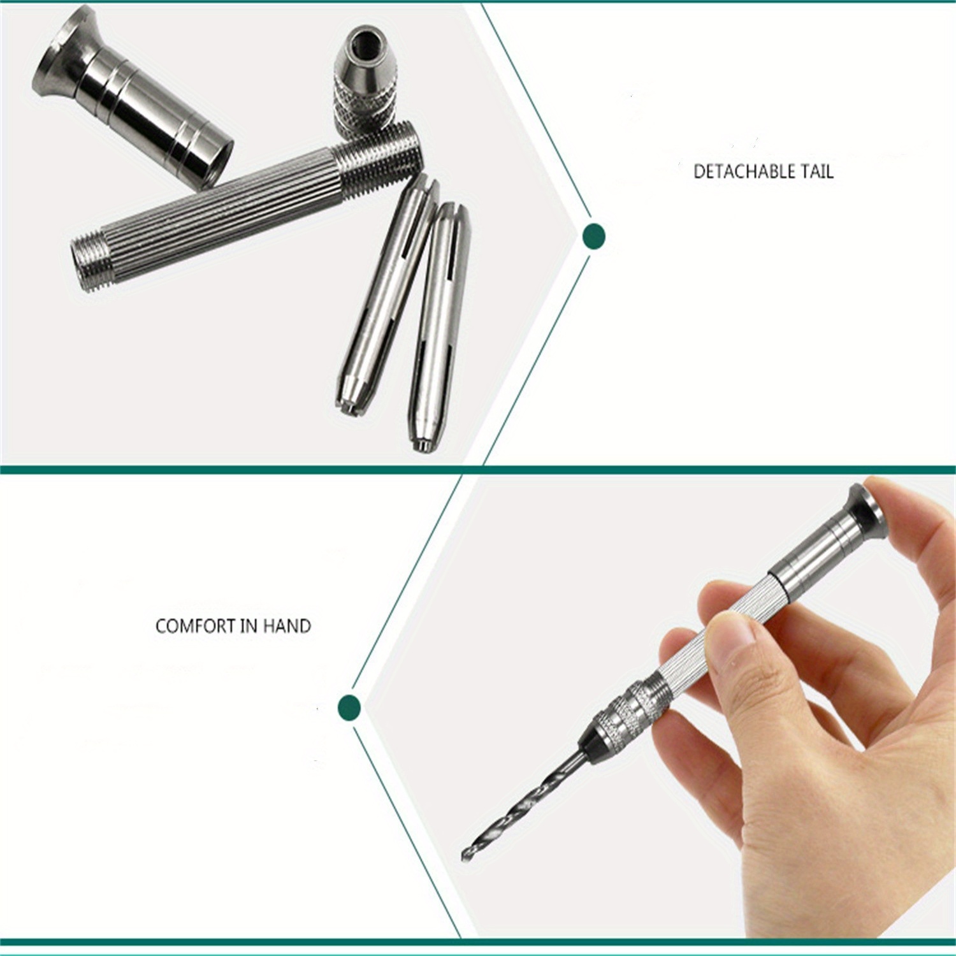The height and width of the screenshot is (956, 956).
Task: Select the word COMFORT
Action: (x=195, y=626)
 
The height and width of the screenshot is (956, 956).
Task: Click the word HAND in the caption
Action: (x=287, y=626)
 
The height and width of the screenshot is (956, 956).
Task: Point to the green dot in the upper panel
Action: (x=594, y=236)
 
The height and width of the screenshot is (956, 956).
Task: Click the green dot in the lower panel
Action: (x=349, y=707)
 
